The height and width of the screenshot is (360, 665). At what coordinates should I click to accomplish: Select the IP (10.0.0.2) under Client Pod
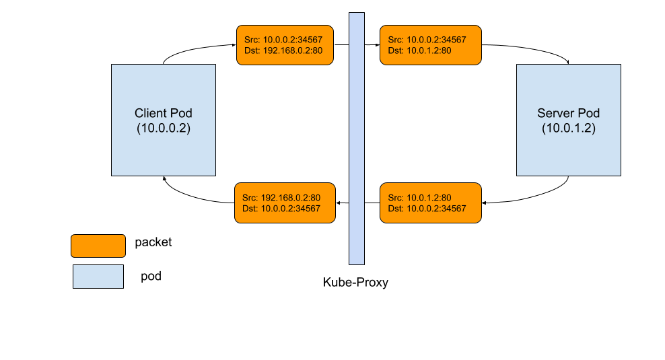click(164, 128)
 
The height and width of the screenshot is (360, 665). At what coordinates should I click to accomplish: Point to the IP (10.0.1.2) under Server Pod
click(569, 128)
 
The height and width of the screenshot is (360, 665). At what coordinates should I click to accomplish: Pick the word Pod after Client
click(181, 113)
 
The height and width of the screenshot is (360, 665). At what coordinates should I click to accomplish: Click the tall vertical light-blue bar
click(357, 139)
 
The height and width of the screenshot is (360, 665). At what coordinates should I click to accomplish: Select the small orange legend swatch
click(98, 246)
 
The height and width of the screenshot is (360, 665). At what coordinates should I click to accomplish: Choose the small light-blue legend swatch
click(98, 277)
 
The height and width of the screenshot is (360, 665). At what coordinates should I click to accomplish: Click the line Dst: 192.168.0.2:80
click(284, 50)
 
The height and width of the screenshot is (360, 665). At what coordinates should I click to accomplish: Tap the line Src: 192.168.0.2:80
click(281, 198)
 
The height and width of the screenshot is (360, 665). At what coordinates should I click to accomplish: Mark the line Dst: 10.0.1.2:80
click(419, 50)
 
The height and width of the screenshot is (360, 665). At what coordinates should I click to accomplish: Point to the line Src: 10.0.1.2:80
click(419, 198)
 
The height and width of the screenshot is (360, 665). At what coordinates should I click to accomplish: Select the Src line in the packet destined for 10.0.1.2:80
click(427, 40)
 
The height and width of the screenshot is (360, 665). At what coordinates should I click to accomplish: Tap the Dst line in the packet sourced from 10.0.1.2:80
click(427, 209)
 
